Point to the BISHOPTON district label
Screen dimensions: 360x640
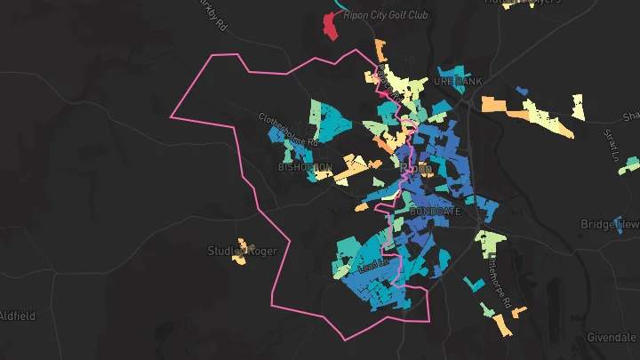tap(305, 166)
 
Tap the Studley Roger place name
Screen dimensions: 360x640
tap(242, 251)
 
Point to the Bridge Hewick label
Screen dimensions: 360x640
tap(609, 224)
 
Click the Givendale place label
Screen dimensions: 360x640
tap(612, 338)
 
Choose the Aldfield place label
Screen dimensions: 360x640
tap(16, 316)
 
